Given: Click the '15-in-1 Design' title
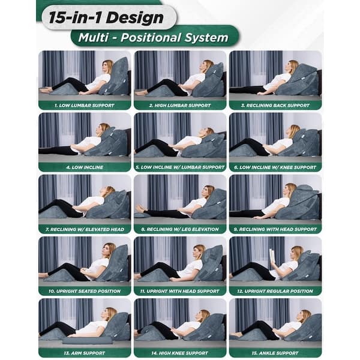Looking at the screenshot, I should pos(107,17).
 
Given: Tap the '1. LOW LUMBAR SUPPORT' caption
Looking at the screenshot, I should pos(84,104).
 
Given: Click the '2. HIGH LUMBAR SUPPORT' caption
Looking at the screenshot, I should pos(179,104).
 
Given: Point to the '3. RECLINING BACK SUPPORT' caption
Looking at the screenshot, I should pos(275,104).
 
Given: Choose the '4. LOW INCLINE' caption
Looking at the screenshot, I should pos(84,167).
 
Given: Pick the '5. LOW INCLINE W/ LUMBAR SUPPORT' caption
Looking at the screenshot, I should pos(179,167).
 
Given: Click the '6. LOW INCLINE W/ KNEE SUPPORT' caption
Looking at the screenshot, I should pos(275,167).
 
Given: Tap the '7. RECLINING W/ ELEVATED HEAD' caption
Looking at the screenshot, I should pos(84,229).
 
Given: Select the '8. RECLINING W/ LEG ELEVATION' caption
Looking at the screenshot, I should pos(179,229).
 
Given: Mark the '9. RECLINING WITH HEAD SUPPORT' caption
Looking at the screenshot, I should pos(275,229).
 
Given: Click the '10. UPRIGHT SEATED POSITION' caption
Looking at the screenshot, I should pos(84,290).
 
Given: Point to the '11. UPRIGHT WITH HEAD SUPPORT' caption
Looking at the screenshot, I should pos(179,290).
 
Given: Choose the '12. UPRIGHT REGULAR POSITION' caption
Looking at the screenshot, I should pos(275,290).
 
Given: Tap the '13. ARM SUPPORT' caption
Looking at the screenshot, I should pos(84,352).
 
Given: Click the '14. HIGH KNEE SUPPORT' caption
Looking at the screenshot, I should pos(179,352).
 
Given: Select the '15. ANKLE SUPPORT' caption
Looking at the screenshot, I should pos(275,352).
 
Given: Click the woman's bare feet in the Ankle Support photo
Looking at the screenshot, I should pos(235,334).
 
